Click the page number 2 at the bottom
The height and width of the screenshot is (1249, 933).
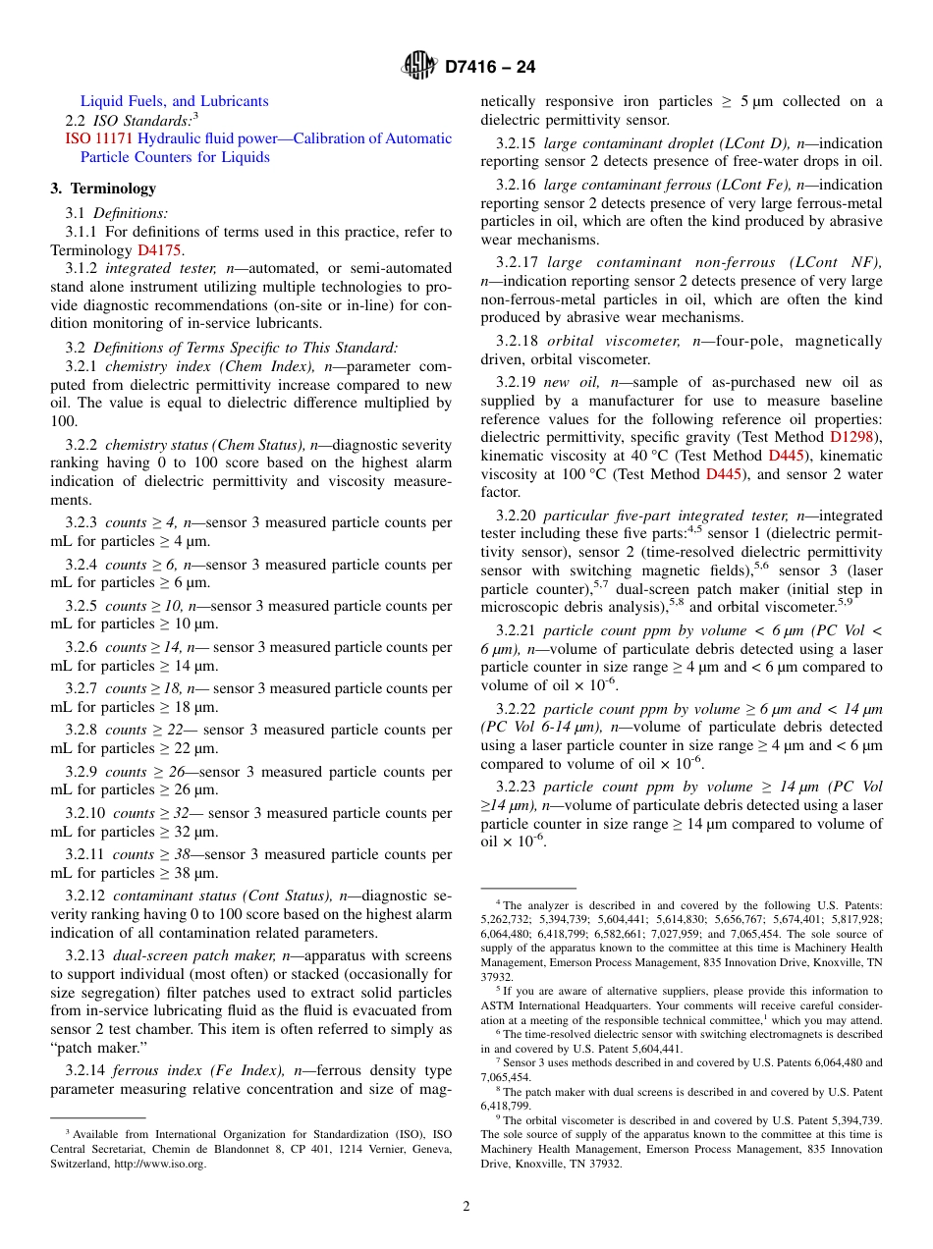pos(466,1206)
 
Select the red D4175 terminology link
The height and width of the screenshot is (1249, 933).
pos(159,250)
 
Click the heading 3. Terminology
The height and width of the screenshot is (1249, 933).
pos(103,189)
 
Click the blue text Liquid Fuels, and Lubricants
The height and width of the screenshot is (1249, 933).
pos(174,101)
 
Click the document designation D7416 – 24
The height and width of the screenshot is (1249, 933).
pos(490,67)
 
